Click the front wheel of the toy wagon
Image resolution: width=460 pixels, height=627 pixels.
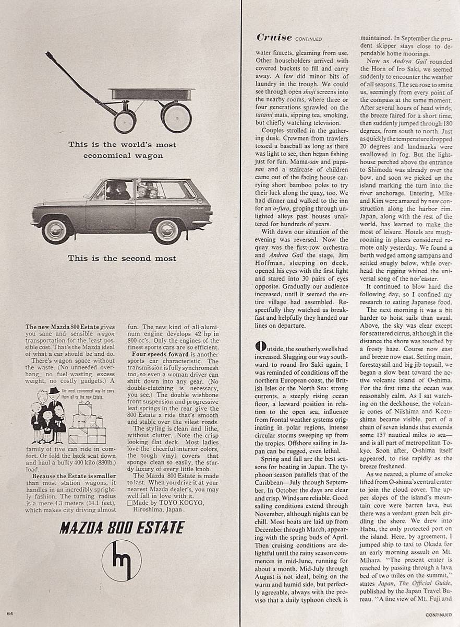click(x=125, y=121)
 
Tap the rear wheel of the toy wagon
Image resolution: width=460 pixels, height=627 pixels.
click(x=176, y=117)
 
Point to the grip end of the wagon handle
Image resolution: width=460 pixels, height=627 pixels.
click(x=48, y=54)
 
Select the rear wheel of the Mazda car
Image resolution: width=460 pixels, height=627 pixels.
click(x=166, y=230)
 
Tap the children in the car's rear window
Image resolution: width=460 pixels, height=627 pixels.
click(x=148, y=191)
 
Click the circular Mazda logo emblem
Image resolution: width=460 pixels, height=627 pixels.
click(x=122, y=560)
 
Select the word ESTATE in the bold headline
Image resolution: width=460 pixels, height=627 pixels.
click(x=155, y=527)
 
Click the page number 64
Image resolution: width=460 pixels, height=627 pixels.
click(x=10, y=611)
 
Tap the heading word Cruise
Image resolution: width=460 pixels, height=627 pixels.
click(x=274, y=37)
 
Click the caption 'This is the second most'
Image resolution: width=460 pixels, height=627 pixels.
click(x=122, y=258)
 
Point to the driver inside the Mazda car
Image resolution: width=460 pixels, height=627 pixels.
click(x=120, y=190)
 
